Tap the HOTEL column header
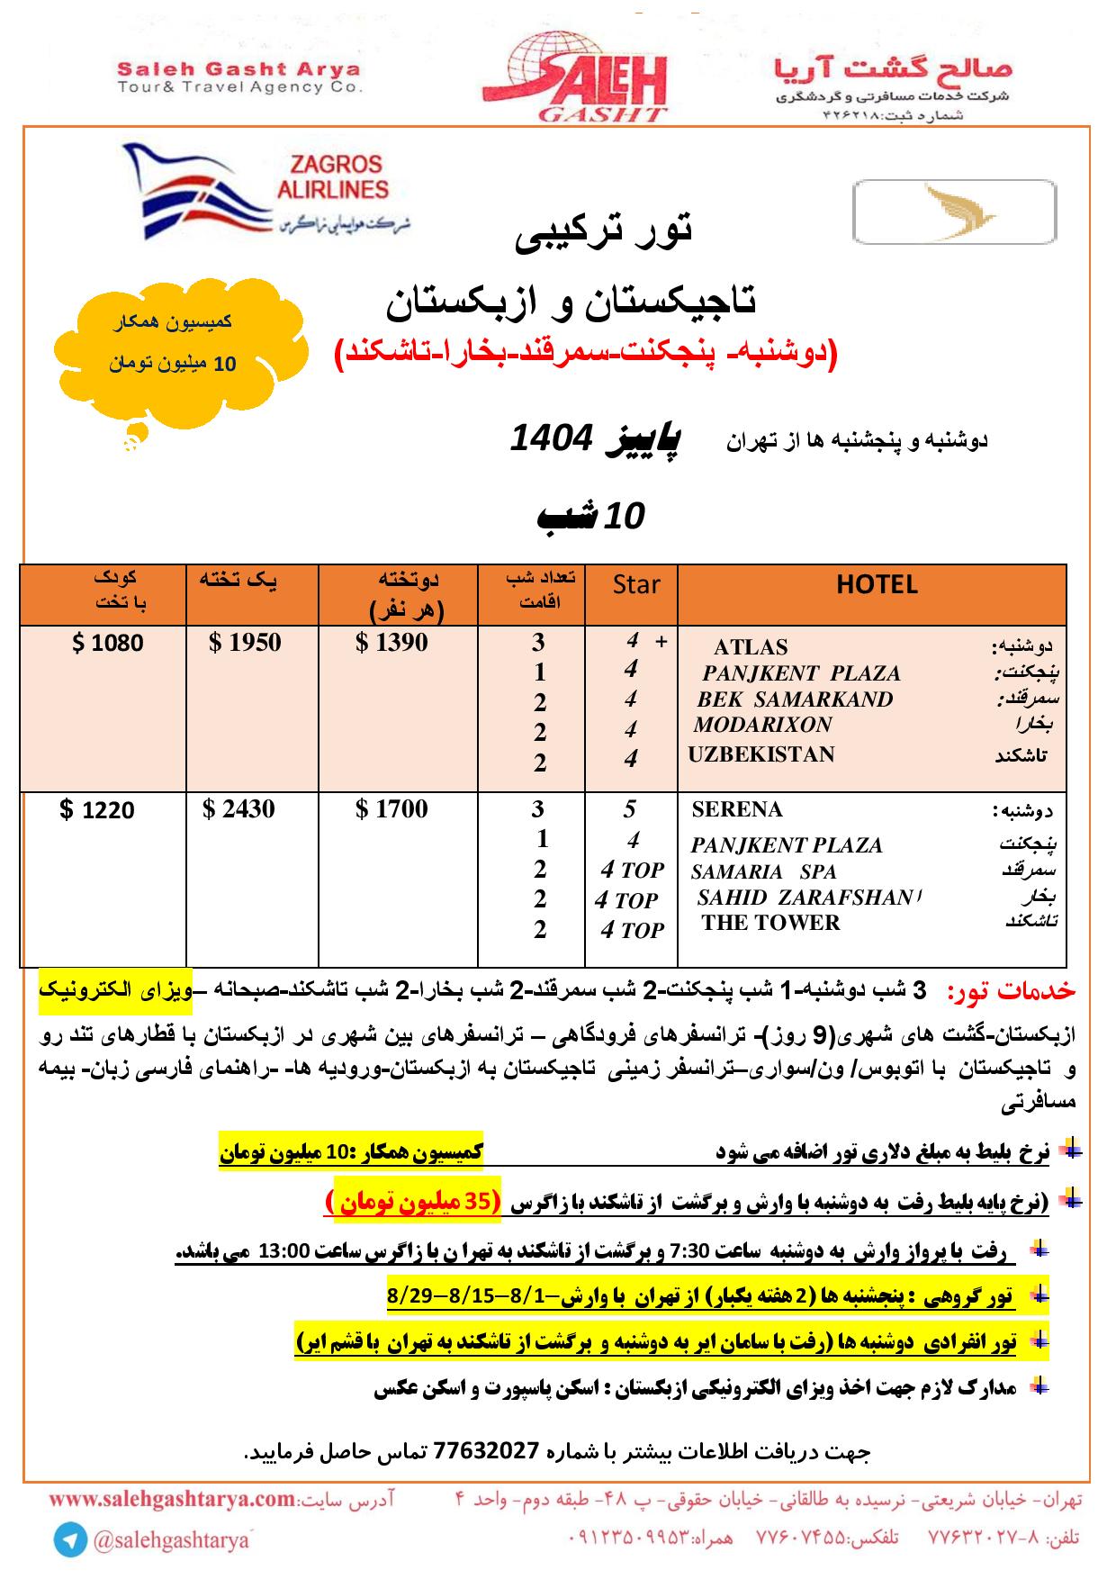pyautogui.click(x=876, y=585)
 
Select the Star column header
pyautogui.click(x=636, y=585)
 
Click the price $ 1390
pyautogui.click(x=391, y=643)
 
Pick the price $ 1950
pyautogui.click(x=245, y=643)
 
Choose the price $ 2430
pyautogui.click(x=238, y=809)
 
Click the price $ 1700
pyautogui.click(x=391, y=809)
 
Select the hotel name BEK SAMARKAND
pyautogui.click(x=795, y=700)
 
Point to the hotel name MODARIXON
pyautogui.click(x=762, y=726)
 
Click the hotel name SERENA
pyautogui.click(x=737, y=810)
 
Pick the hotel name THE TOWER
pyautogui.click(x=770, y=923)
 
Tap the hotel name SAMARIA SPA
pyautogui.click(x=763, y=872)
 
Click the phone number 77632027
pyautogui.click(x=486, y=1451)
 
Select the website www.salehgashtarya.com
pyautogui.click(x=173, y=1500)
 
